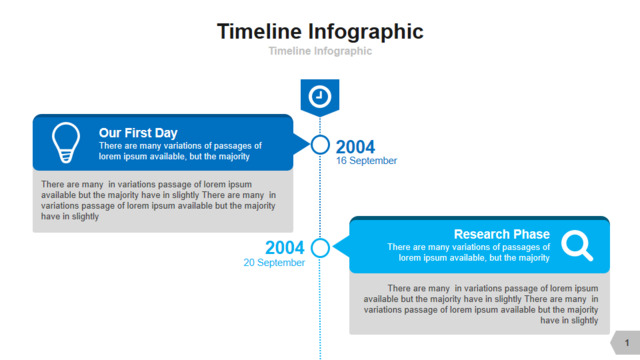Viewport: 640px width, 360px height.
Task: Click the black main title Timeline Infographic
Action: [320, 32]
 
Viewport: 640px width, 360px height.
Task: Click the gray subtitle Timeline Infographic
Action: [320, 51]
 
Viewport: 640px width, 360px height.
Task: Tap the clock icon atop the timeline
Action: [320, 97]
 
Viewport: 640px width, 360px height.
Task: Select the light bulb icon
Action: [66, 142]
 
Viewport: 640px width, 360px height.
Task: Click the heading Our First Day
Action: [138, 133]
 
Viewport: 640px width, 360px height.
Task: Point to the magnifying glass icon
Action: [577, 245]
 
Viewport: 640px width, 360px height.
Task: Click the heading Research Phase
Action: [502, 234]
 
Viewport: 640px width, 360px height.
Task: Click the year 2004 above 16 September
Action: [355, 147]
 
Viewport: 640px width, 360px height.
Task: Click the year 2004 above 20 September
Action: [284, 247]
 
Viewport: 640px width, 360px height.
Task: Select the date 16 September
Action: [366, 161]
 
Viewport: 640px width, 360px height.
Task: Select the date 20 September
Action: [274, 262]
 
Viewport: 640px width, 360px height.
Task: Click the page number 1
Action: [627, 343]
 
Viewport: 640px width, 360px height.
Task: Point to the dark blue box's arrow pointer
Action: [301, 144]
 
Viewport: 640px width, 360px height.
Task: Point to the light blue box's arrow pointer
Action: [341, 246]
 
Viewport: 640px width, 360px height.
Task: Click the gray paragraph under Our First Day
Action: [158, 200]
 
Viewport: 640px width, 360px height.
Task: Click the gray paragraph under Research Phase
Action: [481, 304]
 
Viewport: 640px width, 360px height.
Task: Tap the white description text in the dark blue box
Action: [180, 151]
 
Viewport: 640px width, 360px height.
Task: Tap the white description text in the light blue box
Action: [469, 252]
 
